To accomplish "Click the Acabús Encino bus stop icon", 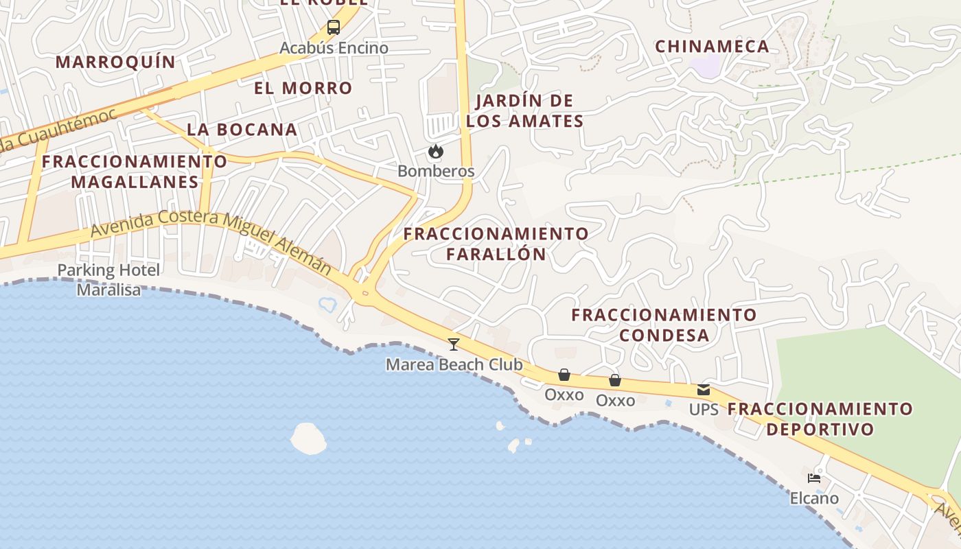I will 333,28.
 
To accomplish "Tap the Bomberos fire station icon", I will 435,152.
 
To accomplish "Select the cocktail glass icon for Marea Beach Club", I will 453,344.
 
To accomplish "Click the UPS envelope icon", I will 704,390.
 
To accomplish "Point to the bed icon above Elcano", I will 814,478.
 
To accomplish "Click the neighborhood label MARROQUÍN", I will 115,62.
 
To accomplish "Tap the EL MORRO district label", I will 303,88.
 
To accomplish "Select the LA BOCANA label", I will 242,129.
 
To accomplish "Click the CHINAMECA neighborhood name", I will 712,47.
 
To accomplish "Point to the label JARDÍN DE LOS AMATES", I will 524,111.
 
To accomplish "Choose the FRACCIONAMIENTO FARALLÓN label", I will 496,244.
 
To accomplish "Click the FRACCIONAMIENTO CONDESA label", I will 664,325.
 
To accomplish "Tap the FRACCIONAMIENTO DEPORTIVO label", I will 820,419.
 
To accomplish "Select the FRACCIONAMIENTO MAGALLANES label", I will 135,172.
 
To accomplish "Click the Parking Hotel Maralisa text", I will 108,280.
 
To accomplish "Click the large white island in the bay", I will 308,439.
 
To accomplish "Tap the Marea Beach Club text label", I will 454,364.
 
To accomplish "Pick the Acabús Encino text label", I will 334,48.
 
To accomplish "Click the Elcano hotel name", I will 814,498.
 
